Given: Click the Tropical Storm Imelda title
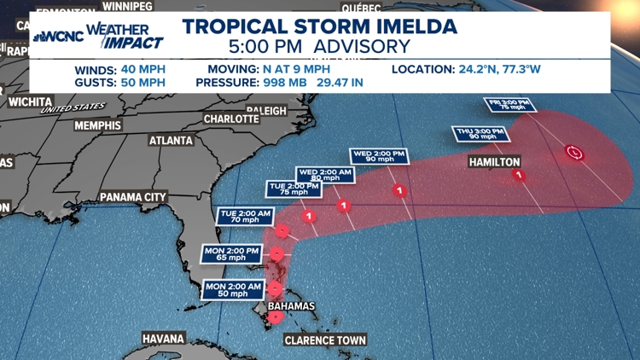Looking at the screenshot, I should [x=319, y=26].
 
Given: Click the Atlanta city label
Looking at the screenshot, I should [x=172, y=141].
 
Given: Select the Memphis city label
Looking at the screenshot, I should [x=98, y=125].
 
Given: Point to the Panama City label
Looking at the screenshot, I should [x=132, y=197].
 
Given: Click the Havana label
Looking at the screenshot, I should [x=163, y=339].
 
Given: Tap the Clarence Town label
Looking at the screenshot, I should [x=325, y=340].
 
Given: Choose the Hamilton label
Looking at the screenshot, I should [x=494, y=161].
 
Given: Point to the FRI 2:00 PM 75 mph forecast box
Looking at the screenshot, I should [x=509, y=106].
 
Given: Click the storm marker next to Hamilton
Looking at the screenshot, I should [x=519, y=176].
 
